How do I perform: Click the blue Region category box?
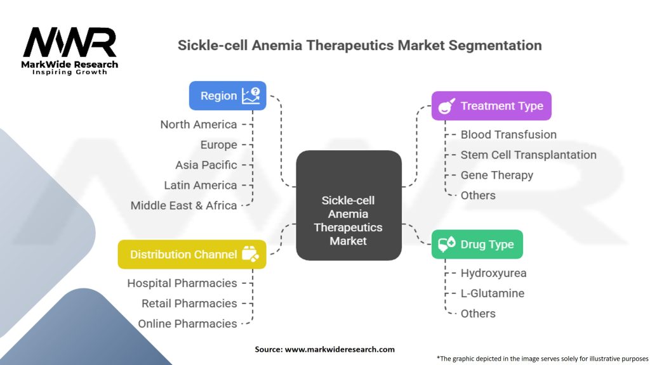coord(228,96)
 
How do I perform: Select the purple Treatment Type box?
coord(491,106)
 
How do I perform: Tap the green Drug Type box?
coord(477,244)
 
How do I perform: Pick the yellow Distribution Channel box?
coord(192,254)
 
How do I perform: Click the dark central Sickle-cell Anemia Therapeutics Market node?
coord(348,205)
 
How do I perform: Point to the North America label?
coord(199,125)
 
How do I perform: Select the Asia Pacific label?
coord(206,165)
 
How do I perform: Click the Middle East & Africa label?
coord(183,206)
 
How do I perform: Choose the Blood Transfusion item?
coord(508,134)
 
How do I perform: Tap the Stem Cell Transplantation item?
coord(529,155)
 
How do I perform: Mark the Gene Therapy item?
coord(497,176)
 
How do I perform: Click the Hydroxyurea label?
coord(494,273)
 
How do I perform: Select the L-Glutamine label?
coord(493,293)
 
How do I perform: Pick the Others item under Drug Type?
coord(478,314)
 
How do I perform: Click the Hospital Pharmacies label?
coord(182,283)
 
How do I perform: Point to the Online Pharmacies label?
coord(187,324)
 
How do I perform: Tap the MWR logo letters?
coord(70,42)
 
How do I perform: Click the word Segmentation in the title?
coord(495,46)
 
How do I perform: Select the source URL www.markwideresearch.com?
coord(340,349)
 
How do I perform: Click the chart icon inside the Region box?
coord(251,96)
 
